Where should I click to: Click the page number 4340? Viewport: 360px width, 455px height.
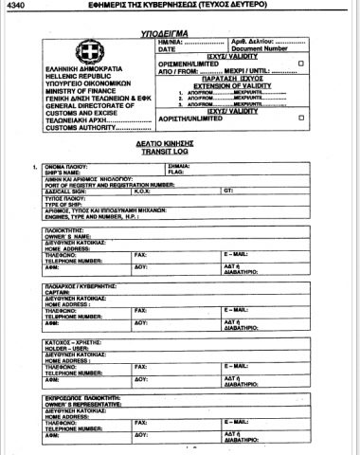pyautogui.click(x=15, y=8)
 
